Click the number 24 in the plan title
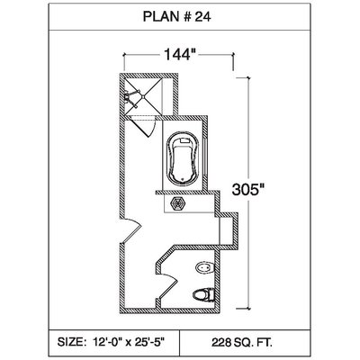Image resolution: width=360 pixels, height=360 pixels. pos(202,17)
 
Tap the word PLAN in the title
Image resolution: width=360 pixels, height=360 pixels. pos(161,17)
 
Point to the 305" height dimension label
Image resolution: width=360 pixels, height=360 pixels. pos(248,190)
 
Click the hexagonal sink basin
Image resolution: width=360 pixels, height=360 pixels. pos(177,203)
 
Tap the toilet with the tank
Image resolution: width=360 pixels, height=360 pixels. pos(203,295)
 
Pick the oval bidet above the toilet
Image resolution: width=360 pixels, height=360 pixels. pos(204,267)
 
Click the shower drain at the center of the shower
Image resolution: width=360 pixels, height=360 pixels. pos(143,96)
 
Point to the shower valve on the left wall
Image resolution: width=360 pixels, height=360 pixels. pos(128,96)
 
